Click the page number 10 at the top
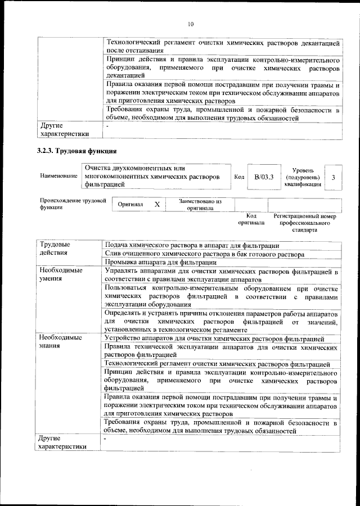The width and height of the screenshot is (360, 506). click(x=190, y=24)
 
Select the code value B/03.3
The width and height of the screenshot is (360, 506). click(x=263, y=177)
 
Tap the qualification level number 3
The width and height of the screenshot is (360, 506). click(x=333, y=177)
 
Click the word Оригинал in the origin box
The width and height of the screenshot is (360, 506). click(x=130, y=205)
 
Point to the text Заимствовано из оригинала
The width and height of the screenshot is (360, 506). click(x=200, y=204)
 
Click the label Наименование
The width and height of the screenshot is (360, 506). click(x=58, y=177)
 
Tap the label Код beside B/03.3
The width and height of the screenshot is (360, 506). click(x=238, y=177)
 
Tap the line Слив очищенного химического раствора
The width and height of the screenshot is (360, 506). click(x=205, y=254)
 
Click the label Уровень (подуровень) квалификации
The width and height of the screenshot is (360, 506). click(x=303, y=177)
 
